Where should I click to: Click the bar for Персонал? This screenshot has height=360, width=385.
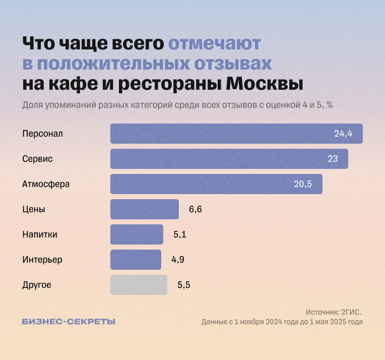[x=236, y=134]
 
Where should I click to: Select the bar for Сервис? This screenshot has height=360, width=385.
[x=229, y=159]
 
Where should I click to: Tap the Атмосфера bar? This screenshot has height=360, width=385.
[x=216, y=184]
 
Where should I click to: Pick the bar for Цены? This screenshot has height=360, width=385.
[x=145, y=209]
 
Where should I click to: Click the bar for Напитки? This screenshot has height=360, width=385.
[x=137, y=234]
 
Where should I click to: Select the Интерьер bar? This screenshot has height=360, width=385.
[x=136, y=260]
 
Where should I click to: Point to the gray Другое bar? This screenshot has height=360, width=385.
[x=139, y=285]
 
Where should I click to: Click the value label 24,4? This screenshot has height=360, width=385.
[x=343, y=134]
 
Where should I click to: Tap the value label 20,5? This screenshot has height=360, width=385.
[x=303, y=184]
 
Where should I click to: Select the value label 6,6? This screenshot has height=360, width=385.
[x=196, y=209]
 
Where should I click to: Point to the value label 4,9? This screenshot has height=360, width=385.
[x=178, y=260]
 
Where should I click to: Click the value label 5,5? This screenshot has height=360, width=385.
[x=184, y=285]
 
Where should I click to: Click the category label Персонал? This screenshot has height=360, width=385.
[x=42, y=134]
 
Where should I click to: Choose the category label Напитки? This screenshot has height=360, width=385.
[x=40, y=234]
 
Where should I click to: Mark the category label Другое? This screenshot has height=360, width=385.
[x=37, y=285]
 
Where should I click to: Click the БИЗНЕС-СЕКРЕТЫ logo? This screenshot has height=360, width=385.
[x=69, y=322]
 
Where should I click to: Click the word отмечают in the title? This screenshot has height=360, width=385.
[x=214, y=43]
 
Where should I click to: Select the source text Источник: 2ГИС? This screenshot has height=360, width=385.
[x=334, y=312]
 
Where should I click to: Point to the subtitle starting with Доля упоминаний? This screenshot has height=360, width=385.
[x=177, y=105]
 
